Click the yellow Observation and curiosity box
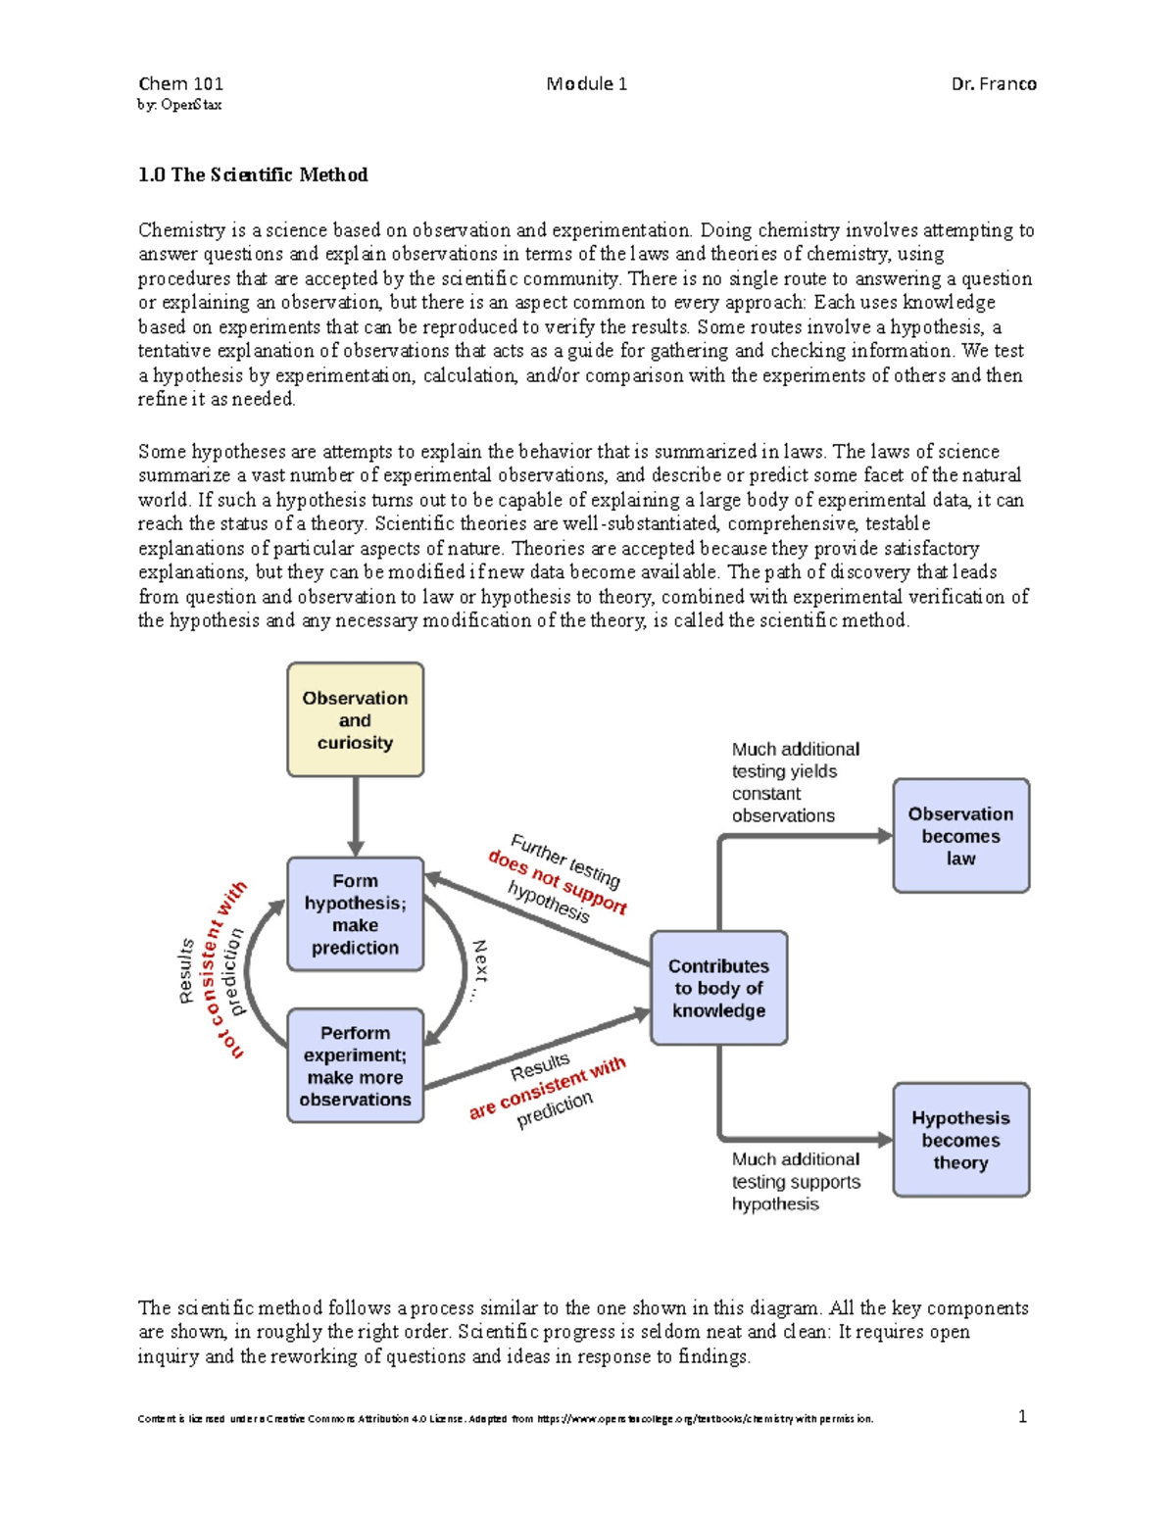pyautogui.click(x=355, y=720)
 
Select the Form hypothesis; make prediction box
pyautogui.click(x=355, y=914)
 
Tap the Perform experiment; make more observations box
pyautogui.click(x=355, y=1065)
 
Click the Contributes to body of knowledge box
pyautogui.click(x=718, y=988)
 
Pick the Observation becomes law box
pyautogui.click(x=960, y=836)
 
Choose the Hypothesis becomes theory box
pyautogui.click(x=960, y=1140)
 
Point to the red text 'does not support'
pyautogui.click(x=557, y=881)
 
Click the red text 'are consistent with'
pyautogui.click(x=547, y=1088)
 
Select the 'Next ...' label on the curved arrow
pyautogui.click(x=478, y=969)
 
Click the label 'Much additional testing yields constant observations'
pyautogui.click(x=795, y=782)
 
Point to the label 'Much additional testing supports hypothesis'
pyautogui.click(x=795, y=1182)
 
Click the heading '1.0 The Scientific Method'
pyautogui.click(x=253, y=175)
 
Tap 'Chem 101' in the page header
pyautogui.click(x=180, y=84)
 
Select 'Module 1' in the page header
pyautogui.click(x=586, y=84)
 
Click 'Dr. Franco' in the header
pyautogui.click(x=993, y=84)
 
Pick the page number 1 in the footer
pyautogui.click(x=1022, y=1416)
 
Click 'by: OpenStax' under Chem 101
pyautogui.click(x=179, y=105)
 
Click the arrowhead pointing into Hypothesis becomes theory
pyautogui.click(x=885, y=1140)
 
